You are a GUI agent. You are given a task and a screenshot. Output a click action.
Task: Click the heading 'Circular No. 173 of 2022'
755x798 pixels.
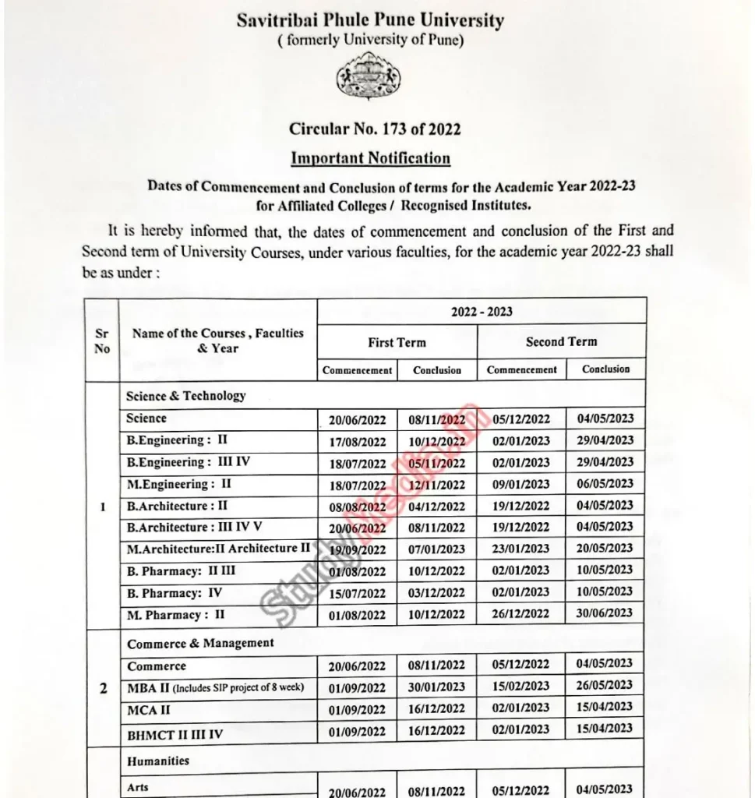(375, 129)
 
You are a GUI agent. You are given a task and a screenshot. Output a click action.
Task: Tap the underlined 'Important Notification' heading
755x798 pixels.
(370, 158)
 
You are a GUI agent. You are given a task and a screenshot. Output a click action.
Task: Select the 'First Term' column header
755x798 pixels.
(397, 342)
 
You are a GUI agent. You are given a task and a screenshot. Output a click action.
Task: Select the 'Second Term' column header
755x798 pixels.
(561, 341)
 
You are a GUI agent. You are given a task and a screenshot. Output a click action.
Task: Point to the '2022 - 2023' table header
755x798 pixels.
(482, 312)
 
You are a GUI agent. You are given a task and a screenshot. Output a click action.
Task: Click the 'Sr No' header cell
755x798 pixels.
(102, 341)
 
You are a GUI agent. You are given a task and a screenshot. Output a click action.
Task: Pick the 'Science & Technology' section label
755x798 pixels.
(185, 396)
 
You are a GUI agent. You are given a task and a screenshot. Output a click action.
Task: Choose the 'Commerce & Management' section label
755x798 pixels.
(200, 643)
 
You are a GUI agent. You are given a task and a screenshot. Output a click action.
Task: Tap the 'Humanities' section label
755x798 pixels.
(158, 760)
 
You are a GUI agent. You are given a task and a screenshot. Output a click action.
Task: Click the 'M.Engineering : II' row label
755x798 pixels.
(178, 484)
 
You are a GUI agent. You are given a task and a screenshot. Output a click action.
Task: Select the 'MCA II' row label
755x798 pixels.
(149, 710)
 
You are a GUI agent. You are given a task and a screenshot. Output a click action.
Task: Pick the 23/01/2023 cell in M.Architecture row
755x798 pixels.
(520, 549)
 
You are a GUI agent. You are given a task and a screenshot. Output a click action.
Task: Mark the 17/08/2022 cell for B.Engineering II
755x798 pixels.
(357, 442)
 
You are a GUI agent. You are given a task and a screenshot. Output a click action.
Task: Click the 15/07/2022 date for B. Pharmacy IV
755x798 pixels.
(357, 593)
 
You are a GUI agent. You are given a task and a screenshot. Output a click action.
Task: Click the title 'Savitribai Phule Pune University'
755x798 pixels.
(370, 21)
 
